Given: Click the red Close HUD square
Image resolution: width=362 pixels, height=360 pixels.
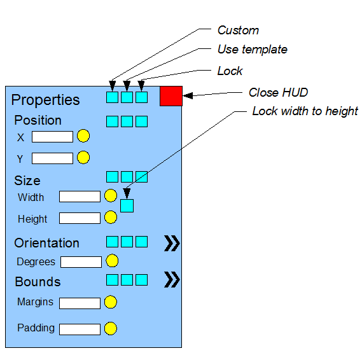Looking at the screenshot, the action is coord(171,96).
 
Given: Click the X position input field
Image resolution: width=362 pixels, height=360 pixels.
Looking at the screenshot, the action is coord(52,137).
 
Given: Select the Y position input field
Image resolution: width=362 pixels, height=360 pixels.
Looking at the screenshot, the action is coord(52,158).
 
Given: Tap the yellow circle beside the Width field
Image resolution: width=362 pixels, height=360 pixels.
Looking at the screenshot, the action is coord(111,196).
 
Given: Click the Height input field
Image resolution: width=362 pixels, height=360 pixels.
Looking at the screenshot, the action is coord(80,218).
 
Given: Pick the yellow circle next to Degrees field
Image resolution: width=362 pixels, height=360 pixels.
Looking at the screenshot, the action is coord(112,261).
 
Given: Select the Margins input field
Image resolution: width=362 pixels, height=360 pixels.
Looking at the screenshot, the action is coord(80,303).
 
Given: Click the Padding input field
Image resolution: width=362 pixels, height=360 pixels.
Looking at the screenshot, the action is coord(80,329).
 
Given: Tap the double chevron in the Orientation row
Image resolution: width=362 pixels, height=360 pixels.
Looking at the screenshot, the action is coord(172,243).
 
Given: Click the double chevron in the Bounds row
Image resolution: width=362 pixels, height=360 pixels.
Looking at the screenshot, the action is coord(172,279).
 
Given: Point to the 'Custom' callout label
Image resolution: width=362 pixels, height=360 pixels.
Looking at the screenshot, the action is coord(238,31).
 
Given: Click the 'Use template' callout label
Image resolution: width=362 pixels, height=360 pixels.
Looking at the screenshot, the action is coord(253,50).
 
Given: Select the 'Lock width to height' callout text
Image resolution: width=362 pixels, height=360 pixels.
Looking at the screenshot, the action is coord(305,111).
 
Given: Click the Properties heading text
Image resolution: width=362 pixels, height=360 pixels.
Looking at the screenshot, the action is coord(45,100).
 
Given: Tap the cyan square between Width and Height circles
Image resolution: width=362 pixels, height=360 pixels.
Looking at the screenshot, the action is coord(127,205).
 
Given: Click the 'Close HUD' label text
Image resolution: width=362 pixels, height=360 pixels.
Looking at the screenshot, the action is coord(278,92).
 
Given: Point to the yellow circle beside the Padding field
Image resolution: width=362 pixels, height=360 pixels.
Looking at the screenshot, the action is coord(111,328).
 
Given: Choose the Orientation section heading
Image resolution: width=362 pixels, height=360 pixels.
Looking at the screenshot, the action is coord(46,243).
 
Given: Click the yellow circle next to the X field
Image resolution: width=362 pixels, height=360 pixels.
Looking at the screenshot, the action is coord(83,135).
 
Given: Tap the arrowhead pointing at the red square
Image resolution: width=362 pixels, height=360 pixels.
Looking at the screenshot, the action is coord(188,95).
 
